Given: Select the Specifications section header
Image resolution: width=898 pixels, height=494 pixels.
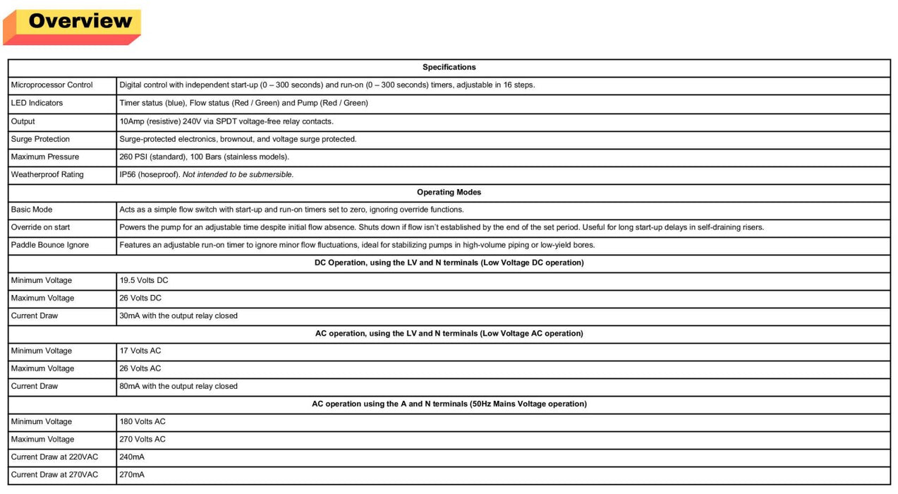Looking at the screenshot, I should (x=449, y=68).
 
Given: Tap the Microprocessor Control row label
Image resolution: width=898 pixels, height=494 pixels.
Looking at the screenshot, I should (x=52, y=85).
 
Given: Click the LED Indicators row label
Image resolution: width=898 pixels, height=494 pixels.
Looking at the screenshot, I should (x=37, y=103).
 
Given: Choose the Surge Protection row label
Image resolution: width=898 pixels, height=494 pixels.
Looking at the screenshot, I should (x=40, y=139).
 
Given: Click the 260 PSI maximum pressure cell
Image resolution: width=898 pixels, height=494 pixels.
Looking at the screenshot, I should (x=205, y=157).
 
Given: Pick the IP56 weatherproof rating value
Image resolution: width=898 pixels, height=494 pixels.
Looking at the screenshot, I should (x=207, y=174).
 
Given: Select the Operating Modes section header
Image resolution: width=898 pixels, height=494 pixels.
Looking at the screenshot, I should (x=449, y=192).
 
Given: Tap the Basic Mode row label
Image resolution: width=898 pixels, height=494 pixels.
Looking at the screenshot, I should (x=32, y=210).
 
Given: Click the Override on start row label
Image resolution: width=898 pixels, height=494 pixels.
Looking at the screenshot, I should (x=40, y=227).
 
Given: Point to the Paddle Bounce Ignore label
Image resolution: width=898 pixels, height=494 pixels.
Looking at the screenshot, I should (x=50, y=245).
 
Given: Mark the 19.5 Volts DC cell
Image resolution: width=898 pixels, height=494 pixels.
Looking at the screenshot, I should (x=144, y=280).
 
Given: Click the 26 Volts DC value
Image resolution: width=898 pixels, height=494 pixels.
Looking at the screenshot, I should (x=140, y=298).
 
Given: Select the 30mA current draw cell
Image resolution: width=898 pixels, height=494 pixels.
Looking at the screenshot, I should (x=178, y=315).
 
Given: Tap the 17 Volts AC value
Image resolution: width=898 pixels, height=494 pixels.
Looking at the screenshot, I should (x=140, y=351).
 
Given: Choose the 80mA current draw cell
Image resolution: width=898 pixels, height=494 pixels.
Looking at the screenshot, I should (x=178, y=386).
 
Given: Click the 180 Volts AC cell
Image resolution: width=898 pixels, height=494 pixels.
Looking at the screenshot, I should (x=142, y=421).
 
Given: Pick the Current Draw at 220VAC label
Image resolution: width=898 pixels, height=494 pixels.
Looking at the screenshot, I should (x=54, y=457).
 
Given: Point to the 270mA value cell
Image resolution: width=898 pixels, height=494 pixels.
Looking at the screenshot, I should (x=132, y=475).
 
